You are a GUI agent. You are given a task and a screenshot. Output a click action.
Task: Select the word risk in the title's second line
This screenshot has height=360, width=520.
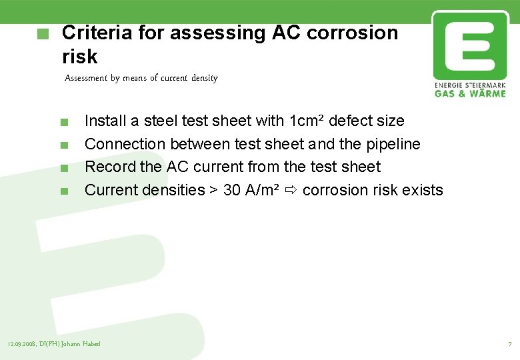[x=79, y=56]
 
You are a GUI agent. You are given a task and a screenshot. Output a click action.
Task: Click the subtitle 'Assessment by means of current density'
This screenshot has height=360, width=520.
[x=141, y=78]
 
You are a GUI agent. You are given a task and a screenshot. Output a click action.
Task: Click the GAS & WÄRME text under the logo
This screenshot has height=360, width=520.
[x=470, y=93]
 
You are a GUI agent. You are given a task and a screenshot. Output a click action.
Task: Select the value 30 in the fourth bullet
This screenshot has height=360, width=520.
[x=232, y=190]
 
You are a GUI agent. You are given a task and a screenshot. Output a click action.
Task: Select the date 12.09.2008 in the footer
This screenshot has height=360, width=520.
[x=21, y=344]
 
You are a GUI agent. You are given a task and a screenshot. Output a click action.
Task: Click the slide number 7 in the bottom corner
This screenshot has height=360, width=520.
[x=510, y=344]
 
